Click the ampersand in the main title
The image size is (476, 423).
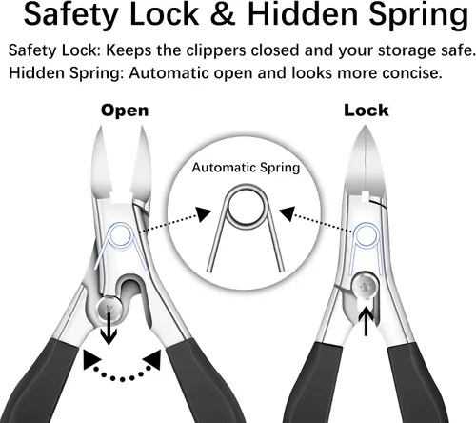click(x=223, y=14)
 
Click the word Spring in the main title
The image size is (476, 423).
click(x=418, y=16)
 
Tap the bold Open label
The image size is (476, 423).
click(x=125, y=111)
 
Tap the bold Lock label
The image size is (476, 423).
click(x=367, y=111)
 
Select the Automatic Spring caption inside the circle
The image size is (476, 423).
click(x=246, y=168)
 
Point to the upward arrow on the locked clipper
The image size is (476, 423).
click(x=367, y=321)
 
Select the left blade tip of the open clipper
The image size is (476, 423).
click(x=101, y=127)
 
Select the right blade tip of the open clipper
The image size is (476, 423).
click(x=142, y=128)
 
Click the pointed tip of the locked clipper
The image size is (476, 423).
click(x=365, y=126)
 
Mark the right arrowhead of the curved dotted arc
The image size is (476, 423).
click(x=152, y=359)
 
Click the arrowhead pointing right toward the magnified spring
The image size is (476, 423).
click(x=203, y=214)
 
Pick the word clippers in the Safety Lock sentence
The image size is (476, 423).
click(x=216, y=51)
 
